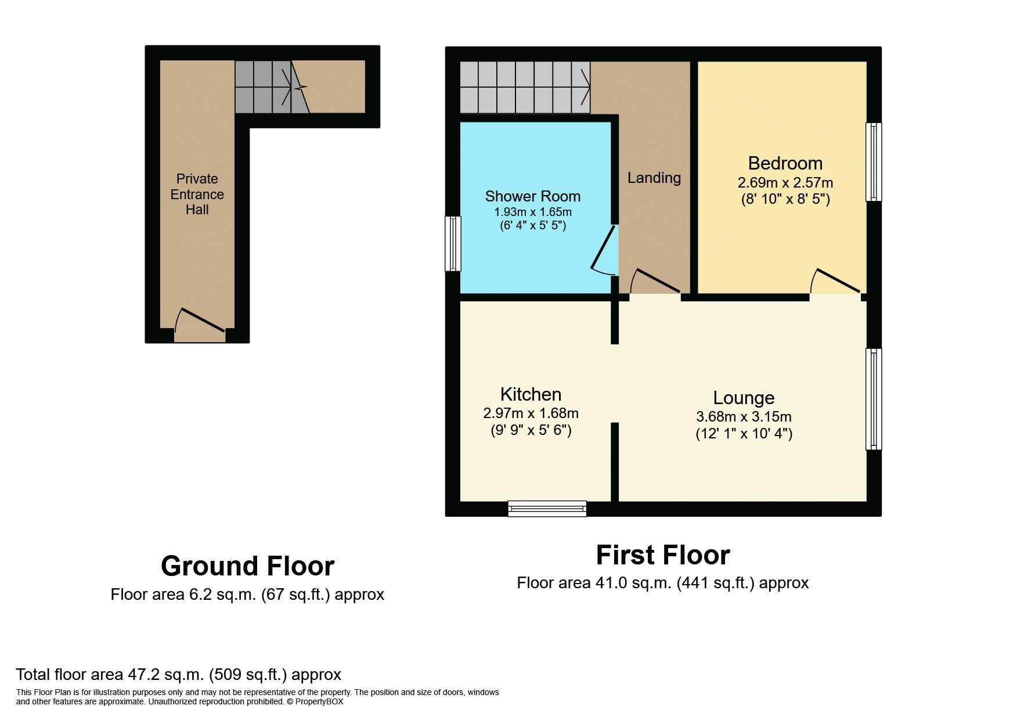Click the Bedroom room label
pyautogui.click(x=785, y=163)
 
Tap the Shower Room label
pyautogui.click(x=533, y=196)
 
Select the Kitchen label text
pyautogui.click(x=531, y=394)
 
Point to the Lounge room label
pyautogui.click(x=744, y=398)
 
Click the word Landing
pyautogui.click(x=654, y=178)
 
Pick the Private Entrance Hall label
pyautogui.click(x=197, y=194)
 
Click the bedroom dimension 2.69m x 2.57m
pyautogui.click(x=785, y=182)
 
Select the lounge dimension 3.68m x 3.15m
pyautogui.click(x=744, y=416)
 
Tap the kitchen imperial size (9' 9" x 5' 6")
pyautogui.click(x=531, y=430)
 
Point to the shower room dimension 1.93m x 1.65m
pyautogui.click(x=533, y=212)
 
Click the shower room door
pyautogui.click(x=604, y=251)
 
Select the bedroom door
pyautogui.click(x=835, y=281)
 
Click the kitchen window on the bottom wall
pyautogui.click(x=547, y=509)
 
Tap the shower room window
pyautogui.click(x=453, y=243)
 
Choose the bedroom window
pyautogui.click(x=874, y=162)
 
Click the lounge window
pyautogui.click(x=874, y=399)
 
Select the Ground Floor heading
pyautogui.click(x=247, y=566)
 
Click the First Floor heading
pyautogui.click(x=663, y=555)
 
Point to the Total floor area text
pyautogui.click(x=178, y=674)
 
